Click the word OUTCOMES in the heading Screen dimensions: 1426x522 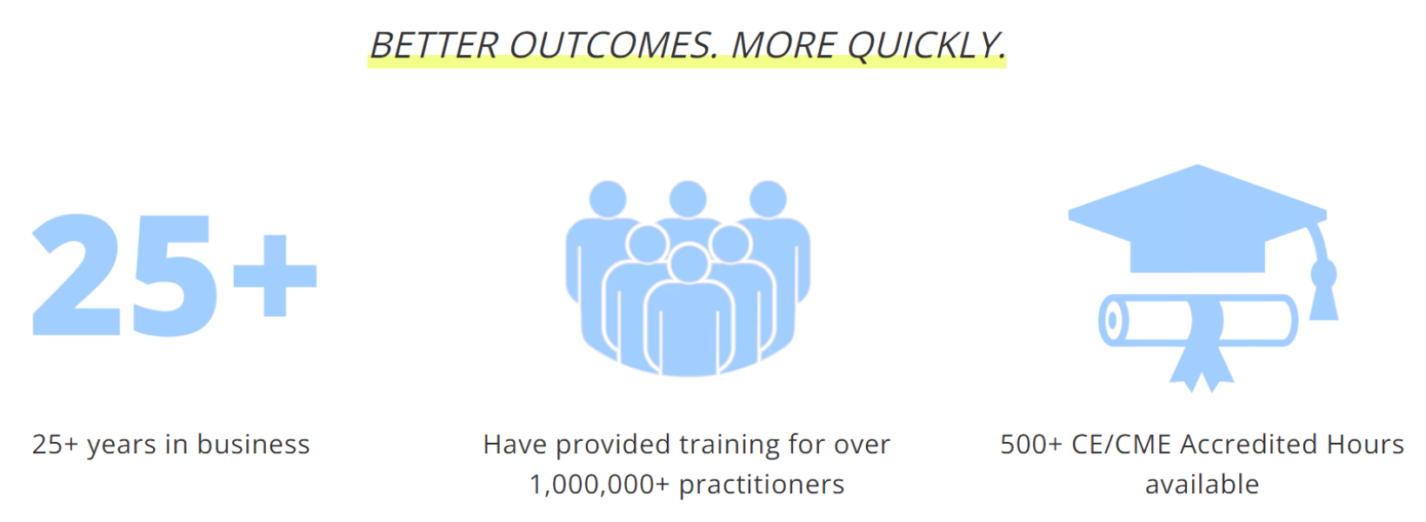(x=615, y=45)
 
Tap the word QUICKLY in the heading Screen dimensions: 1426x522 (x=926, y=46)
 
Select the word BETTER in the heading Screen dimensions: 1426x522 (x=434, y=45)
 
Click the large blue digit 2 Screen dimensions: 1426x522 (x=77, y=274)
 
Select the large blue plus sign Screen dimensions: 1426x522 (x=275, y=276)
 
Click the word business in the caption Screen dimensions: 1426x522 (x=253, y=445)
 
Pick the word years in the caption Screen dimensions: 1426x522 (x=122, y=446)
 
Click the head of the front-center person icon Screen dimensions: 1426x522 (x=689, y=262)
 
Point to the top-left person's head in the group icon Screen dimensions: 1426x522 (x=608, y=198)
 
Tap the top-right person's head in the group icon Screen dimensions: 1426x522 (x=768, y=198)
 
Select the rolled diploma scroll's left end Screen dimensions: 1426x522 (x=1113, y=320)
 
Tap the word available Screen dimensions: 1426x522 (x=1202, y=485)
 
